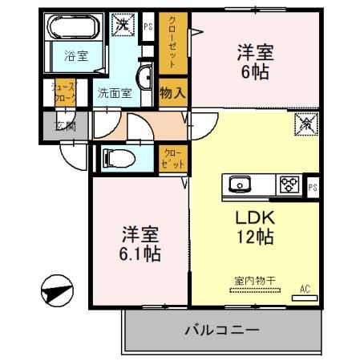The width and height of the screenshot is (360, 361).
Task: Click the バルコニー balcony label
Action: [222, 330]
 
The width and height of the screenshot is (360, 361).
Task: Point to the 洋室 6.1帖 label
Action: [141, 244]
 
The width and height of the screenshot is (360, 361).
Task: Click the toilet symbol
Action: [115, 158]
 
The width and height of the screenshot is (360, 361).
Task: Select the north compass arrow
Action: [55, 289]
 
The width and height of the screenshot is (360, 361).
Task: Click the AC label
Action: [304, 288]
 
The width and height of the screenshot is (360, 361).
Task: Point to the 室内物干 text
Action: [254, 280]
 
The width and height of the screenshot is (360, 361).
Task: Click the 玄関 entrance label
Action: [53, 126]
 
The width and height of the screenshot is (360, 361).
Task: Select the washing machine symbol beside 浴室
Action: [124, 26]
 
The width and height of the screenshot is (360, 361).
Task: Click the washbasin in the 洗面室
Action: [148, 79]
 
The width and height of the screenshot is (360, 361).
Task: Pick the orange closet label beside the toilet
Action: [172, 157]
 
